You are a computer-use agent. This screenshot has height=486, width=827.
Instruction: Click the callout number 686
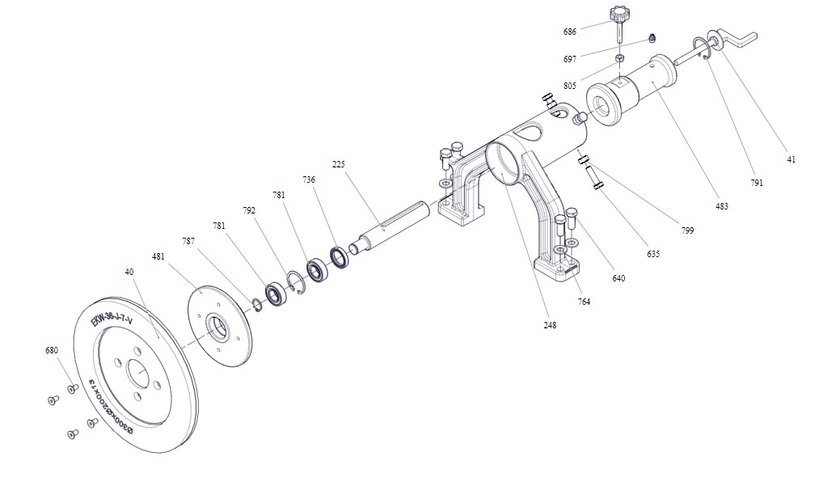(570, 32)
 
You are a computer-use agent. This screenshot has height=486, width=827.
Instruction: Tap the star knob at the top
(619, 15)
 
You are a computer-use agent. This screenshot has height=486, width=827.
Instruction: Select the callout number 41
(791, 159)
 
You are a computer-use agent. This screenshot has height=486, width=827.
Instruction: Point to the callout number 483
(722, 206)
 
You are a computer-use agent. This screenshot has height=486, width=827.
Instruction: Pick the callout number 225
(339, 164)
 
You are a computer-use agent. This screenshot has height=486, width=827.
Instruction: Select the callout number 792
(249, 210)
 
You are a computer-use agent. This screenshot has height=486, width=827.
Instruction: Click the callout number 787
(188, 241)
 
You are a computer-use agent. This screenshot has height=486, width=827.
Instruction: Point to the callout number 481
(158, 256)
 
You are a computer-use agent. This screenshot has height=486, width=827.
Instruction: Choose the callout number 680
(52, 351)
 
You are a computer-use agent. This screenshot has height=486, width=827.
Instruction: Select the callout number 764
(584, 302)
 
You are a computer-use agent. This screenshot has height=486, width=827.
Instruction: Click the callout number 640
(619, 278)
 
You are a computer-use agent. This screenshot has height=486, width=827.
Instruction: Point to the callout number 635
(653, 254)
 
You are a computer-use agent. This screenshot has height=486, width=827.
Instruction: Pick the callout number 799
(687, 230)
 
